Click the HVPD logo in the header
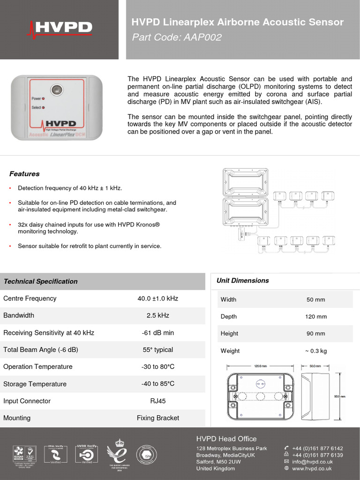(60, 28)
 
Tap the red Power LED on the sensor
(44, 98)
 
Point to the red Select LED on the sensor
(44, 107)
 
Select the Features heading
(24, 174)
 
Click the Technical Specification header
(40, 281)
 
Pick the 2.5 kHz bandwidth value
(157, 315)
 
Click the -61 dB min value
(157, 333)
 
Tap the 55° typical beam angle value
(157, 350)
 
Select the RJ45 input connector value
(157, 401)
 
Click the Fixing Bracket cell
(157, 418)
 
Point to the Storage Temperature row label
(35, 384)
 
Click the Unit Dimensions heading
(242, 280)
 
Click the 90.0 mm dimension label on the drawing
(339, 397)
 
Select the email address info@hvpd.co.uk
(312, 462)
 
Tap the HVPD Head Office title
(226, 439)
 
